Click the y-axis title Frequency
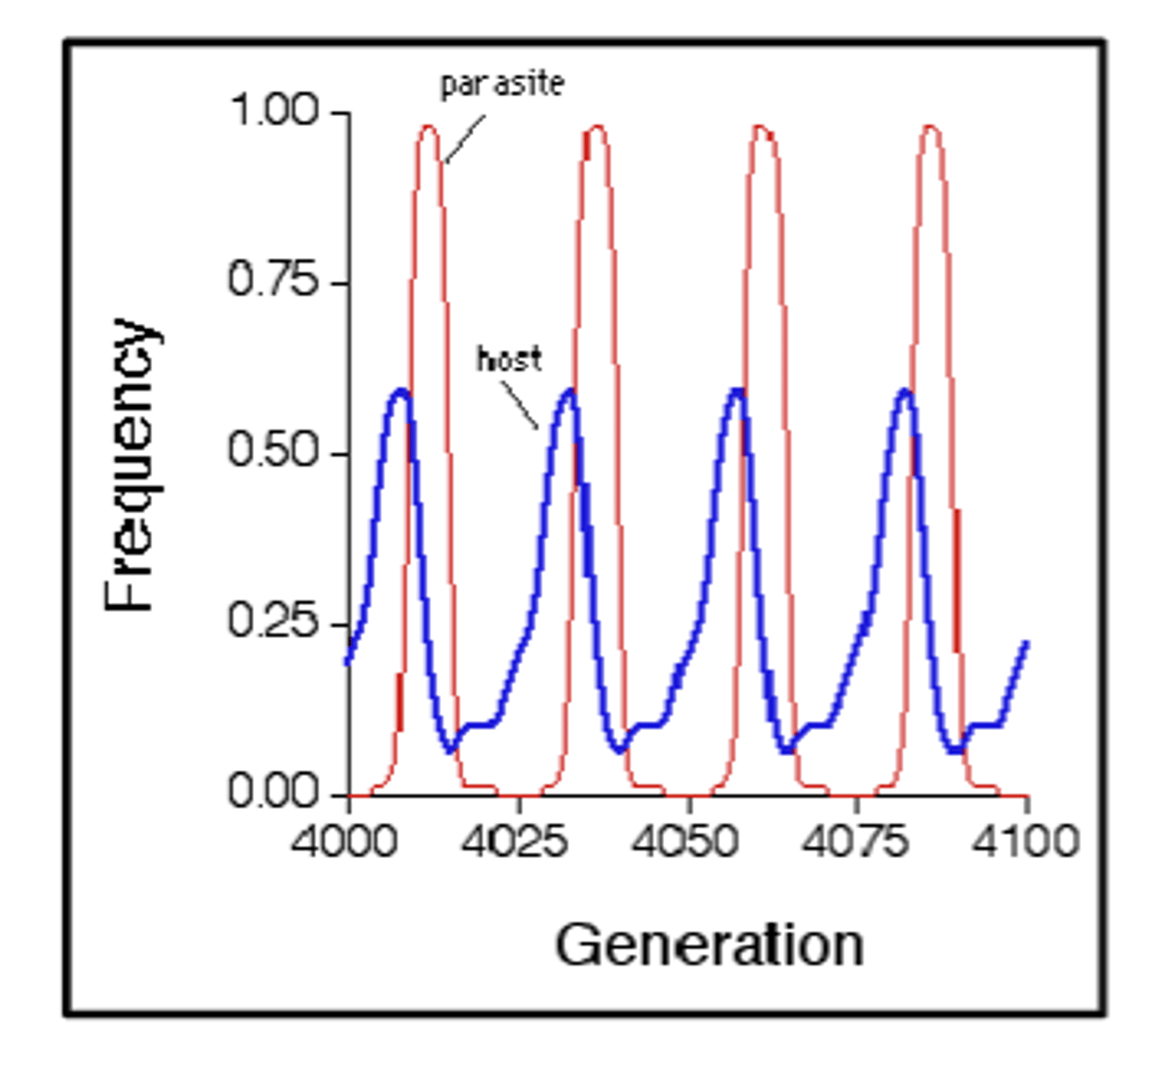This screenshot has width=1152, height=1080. coord(130,464)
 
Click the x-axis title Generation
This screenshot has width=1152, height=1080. coord(709,946)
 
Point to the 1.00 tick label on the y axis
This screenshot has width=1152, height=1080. coord(274,112)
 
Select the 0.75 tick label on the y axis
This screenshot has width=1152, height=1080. coord(274,282)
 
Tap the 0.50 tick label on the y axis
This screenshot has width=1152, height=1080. coord(274,452)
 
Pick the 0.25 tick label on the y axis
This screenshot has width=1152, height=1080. coord(274,622)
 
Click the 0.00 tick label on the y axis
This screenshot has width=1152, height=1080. coord(274,793)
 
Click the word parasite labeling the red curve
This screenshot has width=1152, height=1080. coord(502,85)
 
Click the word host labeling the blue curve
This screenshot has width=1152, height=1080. coord(509,360)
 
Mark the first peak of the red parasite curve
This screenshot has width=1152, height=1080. coord(428,128)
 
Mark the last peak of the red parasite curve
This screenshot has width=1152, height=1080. coord(930,128)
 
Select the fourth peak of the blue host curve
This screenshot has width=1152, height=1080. coord(904,391)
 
